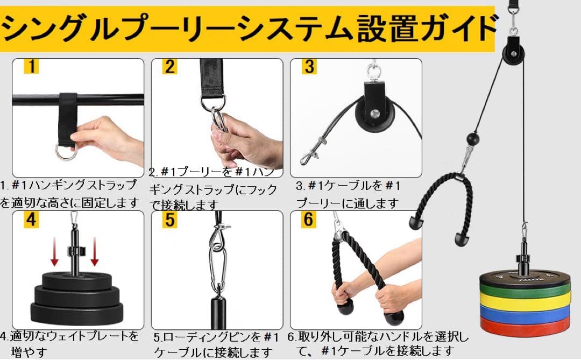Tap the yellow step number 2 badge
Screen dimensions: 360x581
(x=170, y=67)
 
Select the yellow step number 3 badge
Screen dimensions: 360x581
(x=309, y=67)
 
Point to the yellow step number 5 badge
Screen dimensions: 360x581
(x=170, y=220)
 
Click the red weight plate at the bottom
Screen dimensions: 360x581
(x=525, y=326)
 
